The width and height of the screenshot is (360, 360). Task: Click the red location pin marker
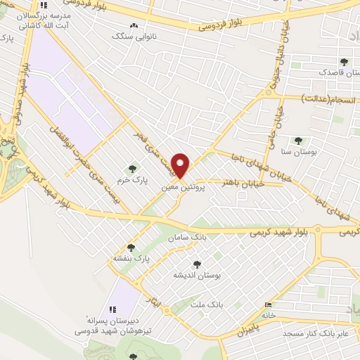pos(181,165)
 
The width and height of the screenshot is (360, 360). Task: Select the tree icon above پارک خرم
pos(132,167)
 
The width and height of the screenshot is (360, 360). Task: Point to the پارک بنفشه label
pos(129,258)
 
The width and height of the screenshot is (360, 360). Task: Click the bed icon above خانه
pos(266,304)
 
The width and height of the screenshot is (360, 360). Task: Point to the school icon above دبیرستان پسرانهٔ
pos(111,309)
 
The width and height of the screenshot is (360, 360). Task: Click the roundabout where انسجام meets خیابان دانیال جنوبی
pos(268,93)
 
